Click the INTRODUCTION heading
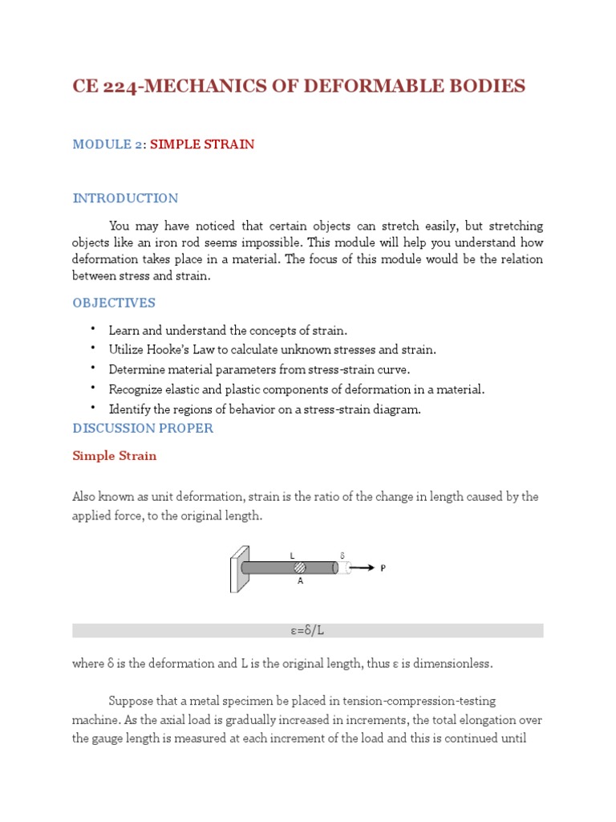tap(125, 198)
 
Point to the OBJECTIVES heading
tap(114, 303)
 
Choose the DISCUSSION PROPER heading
tap(143, 428)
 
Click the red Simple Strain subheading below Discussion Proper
tap(115, 456)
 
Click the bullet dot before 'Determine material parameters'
tap(93, 368)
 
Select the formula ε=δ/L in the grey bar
tap(307, 631)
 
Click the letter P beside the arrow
tap(383, 568)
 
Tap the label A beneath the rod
tap(300, 581)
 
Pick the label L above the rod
tap(293, 555)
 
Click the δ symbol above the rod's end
tap(342, 555)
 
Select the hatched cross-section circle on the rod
tap(299, 568)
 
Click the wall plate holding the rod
tap(238, 568)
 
